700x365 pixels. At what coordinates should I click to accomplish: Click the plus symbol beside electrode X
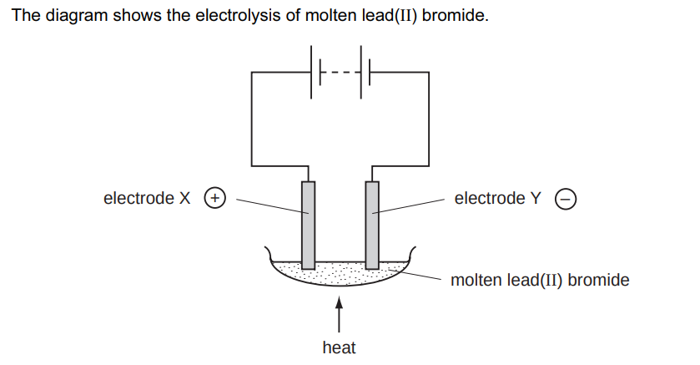pos(215,199)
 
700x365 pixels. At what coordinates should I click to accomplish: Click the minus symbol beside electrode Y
pos(566,200)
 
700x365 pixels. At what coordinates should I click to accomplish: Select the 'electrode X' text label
pos(147,199)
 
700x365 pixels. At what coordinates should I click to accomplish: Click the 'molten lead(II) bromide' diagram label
pos(539,280)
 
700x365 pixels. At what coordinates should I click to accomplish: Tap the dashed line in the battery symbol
pos(340,73)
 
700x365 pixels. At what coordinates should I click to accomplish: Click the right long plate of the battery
pos(360,73)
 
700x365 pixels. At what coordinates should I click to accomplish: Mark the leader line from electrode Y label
pos(409,206)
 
